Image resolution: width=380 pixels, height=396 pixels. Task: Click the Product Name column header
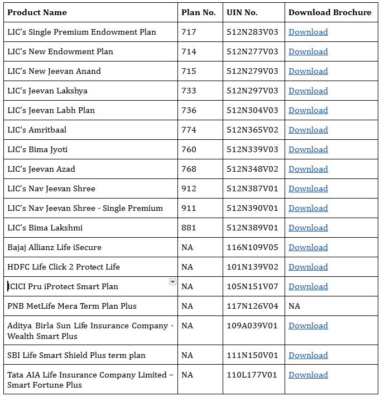[37, 12]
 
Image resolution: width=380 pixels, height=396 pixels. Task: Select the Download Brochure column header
[330, 12]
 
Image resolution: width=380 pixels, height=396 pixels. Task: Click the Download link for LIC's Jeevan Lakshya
[308, 91]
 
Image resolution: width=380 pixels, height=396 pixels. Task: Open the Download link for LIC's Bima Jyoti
[308, 149]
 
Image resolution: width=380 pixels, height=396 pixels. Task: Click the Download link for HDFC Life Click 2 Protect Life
[308, 267]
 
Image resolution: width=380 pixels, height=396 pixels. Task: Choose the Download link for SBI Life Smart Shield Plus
[308, 355]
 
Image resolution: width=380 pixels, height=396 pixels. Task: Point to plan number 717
[189, 32]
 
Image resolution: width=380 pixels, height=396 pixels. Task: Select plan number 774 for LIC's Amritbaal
[189, 130]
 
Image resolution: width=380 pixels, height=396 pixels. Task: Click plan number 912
[189, 188]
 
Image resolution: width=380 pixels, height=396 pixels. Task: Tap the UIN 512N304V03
[252, 110]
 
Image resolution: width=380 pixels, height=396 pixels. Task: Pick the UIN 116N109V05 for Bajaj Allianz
[252, 247]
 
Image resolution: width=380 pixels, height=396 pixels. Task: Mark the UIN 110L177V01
[252, 375]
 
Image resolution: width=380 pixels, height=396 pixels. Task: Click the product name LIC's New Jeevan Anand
[54, 71]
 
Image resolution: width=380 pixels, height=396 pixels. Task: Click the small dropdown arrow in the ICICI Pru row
[172, 282]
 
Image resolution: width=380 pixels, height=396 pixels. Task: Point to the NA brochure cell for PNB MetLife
[295, 306]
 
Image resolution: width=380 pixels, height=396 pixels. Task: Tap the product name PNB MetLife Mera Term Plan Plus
[72, 306]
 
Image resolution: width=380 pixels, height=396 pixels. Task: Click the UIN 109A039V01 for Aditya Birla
[252, 326]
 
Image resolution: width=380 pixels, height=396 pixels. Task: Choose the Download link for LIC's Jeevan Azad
[308, 169]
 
